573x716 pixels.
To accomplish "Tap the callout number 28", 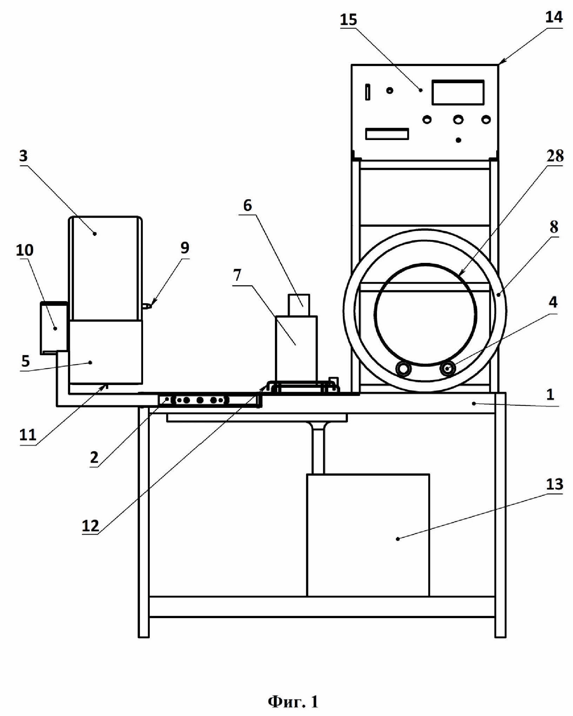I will pos(555,155).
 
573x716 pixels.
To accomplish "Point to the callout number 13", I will pos(554,484).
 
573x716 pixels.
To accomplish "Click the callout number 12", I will pos(90,526).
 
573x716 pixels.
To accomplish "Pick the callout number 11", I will pos(28,435).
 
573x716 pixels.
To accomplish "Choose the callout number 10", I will pos(25,250).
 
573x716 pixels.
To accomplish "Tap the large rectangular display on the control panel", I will pos(458,92).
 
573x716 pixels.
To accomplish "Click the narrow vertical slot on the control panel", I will pos(368,92).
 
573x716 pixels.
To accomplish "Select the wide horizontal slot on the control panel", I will pos(387,134).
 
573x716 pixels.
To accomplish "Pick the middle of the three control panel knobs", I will pos(458,120).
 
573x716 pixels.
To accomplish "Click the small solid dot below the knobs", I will pos(458,140).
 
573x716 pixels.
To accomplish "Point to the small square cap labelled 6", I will pos(299,305).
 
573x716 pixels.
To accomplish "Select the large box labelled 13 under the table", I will pos(368,535).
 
